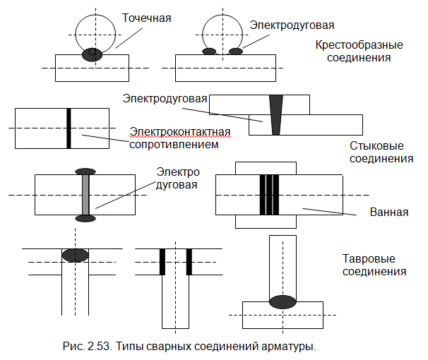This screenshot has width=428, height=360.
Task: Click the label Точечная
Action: tap(146, 18)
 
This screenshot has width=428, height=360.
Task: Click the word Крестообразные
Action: tap(359, 45)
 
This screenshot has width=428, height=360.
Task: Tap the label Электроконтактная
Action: tap(180, 131)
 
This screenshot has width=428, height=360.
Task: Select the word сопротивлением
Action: tap(174, 145)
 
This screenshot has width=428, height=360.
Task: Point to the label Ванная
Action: tap(389, 212)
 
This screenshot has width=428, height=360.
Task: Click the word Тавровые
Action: tap(369, 258)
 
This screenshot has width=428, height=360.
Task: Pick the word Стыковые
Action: tap(376, 145)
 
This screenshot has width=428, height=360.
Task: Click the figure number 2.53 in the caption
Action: tap(100, 346)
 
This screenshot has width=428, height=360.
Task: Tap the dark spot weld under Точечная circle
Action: tap(93, 54)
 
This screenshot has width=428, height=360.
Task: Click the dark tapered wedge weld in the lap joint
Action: tap(276, 115)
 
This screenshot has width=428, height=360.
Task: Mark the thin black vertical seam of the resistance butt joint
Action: tap(69, 128)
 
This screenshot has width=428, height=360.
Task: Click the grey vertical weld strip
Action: tap(85, 195)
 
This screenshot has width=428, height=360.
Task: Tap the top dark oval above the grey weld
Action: tap(85, 172)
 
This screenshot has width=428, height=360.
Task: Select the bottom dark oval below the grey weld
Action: tap(85, 218)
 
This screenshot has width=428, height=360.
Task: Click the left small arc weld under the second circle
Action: tap(209, 52)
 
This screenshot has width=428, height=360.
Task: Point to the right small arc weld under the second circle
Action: tap(236, 52)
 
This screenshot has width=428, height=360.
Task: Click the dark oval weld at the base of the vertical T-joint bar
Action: tap(283, 302)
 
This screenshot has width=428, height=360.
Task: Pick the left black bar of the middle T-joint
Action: tap(162, 262)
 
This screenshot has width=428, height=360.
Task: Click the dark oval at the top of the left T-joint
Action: tap(76, 256)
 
